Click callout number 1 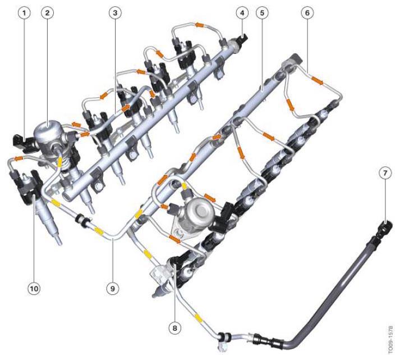[25, 13]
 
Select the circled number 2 [48, 13]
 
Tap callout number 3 [115, 13]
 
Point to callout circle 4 [242, 13]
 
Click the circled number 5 [262, 13]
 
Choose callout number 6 [307, 13]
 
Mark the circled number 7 [385, 173]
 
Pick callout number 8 [174, 328]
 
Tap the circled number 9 [113, 289]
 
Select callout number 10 [34, 289]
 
